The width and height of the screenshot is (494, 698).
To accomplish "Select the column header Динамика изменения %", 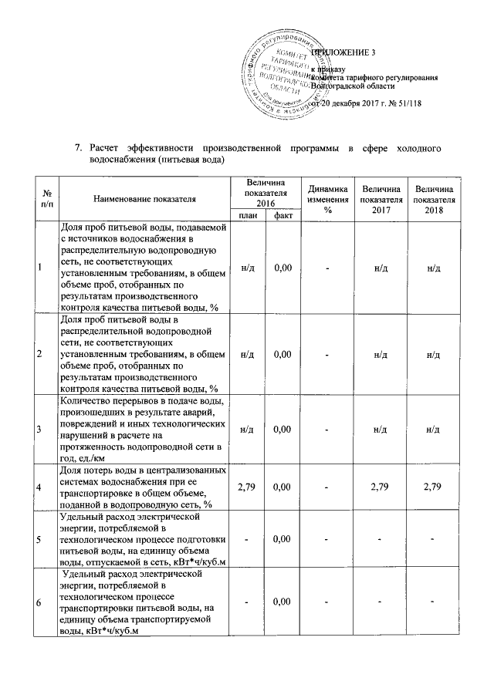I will [327, 198].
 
